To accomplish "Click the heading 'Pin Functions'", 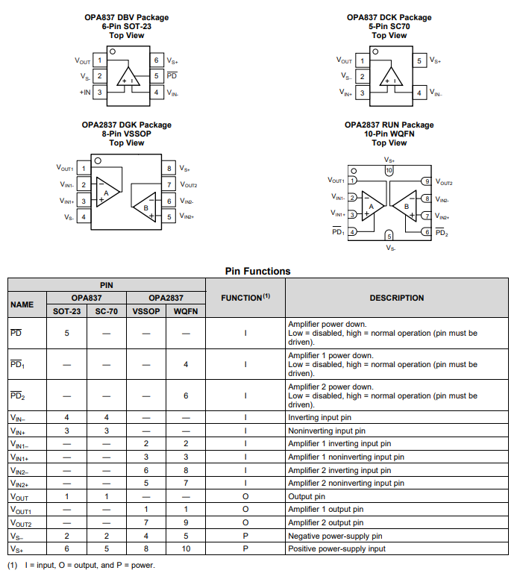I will coord(257,271).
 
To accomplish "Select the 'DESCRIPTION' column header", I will coord(396,298).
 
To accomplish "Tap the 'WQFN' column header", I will coord(186,311).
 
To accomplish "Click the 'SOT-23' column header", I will coord(66,311).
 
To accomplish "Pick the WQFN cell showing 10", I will coord(186,548).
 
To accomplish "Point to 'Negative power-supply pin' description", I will coord(335,536).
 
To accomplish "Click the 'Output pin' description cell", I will coord(307,496).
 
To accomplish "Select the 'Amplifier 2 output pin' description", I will coord(326,522).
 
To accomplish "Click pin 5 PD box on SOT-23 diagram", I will coord(157,76).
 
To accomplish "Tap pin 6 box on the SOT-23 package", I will coord(157,60).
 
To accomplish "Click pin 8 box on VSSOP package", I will coord(170,169).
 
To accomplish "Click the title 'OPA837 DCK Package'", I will coord(389,17).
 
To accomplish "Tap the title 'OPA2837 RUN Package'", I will coord(389,125).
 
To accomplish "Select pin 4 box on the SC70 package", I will coord(419,93).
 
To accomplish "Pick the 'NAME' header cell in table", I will coord(22,304).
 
